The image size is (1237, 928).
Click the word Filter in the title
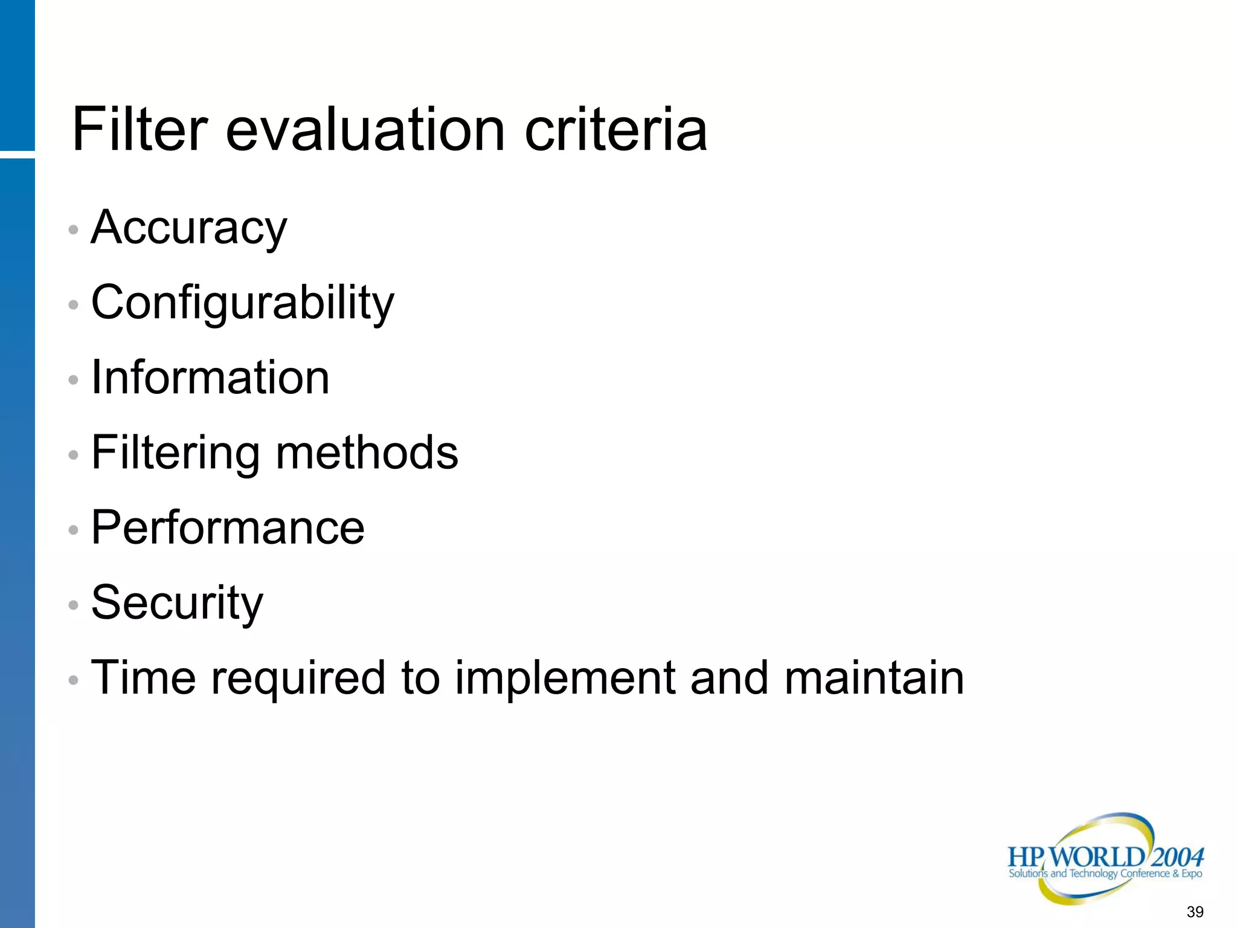[140, 129]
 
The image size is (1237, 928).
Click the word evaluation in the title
[365, 129]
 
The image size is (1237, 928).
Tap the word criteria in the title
[615, 129]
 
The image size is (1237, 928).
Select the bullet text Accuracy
[189, 228]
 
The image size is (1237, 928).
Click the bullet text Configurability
[242, 303]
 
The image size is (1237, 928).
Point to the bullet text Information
[210, 378]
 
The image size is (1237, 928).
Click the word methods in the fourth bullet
[367, 453]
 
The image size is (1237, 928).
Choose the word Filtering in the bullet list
[175, 453]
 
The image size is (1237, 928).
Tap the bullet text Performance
[228, 527]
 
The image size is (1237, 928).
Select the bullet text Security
[177, 603]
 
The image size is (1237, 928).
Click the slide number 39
[1195, 912]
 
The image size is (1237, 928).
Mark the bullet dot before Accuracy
[73, 230]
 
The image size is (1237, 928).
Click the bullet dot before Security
[73, 605]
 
